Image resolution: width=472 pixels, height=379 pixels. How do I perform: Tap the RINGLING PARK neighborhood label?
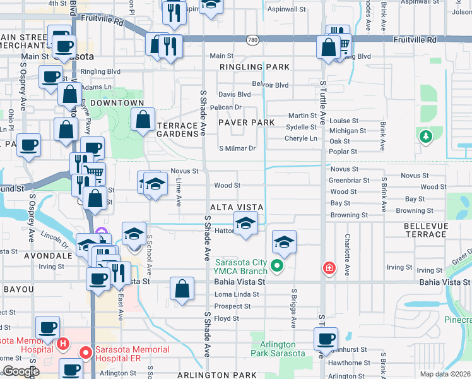point(255,67)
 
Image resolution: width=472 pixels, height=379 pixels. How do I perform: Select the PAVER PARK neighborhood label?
point(246,122)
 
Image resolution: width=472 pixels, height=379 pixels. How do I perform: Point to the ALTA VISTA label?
point(236,207)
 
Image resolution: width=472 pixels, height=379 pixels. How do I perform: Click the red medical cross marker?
point(328,268)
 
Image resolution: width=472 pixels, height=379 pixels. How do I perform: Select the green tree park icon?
point(426,136)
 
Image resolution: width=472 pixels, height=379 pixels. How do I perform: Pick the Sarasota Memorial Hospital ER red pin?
point(82,351)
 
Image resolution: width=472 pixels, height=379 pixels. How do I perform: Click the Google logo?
point(20,371)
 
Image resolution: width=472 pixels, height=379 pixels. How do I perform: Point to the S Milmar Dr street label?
point(237,148)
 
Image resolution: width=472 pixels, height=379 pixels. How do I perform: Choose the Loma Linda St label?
point(237,294)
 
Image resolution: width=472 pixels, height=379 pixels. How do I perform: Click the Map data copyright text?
point(445,374)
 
